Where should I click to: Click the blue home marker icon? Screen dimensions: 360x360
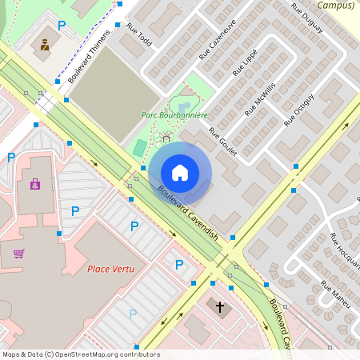[x=180, y=173]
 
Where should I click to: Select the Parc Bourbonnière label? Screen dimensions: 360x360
[x=174, y=115]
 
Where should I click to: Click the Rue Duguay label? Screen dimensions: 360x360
[x=306, y=18]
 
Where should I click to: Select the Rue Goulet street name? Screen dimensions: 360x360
[x=223, y=142]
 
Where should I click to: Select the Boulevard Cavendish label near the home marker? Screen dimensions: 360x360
[x=188, y=214]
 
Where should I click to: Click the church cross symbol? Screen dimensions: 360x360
[x=221, y=306]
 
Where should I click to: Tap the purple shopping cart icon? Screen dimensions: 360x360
[x=18, y=254]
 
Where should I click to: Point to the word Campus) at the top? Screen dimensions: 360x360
[x=335, y=5]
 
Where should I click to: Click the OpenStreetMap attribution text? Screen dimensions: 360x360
[x=81, y=354]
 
